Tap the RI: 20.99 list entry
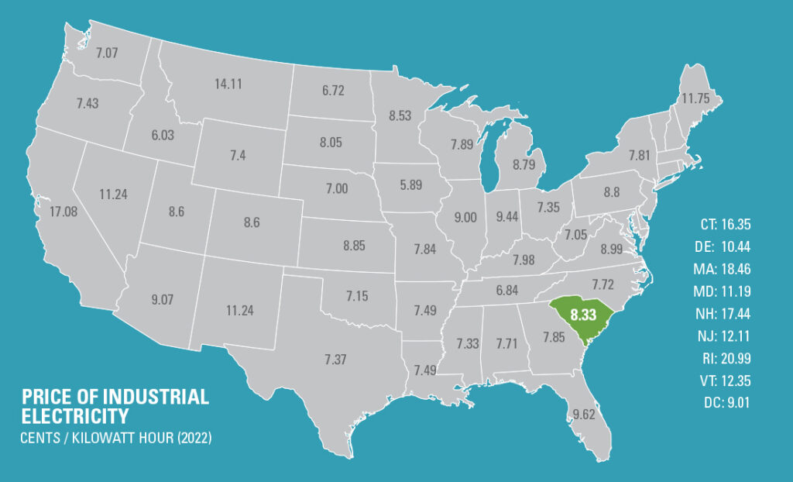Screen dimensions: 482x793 725,359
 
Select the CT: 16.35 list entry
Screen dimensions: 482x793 725,226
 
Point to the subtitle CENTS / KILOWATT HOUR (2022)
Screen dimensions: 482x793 116,438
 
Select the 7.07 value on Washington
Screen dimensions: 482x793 108,53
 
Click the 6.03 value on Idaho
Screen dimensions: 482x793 163,134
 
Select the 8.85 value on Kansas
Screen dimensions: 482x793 355,246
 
